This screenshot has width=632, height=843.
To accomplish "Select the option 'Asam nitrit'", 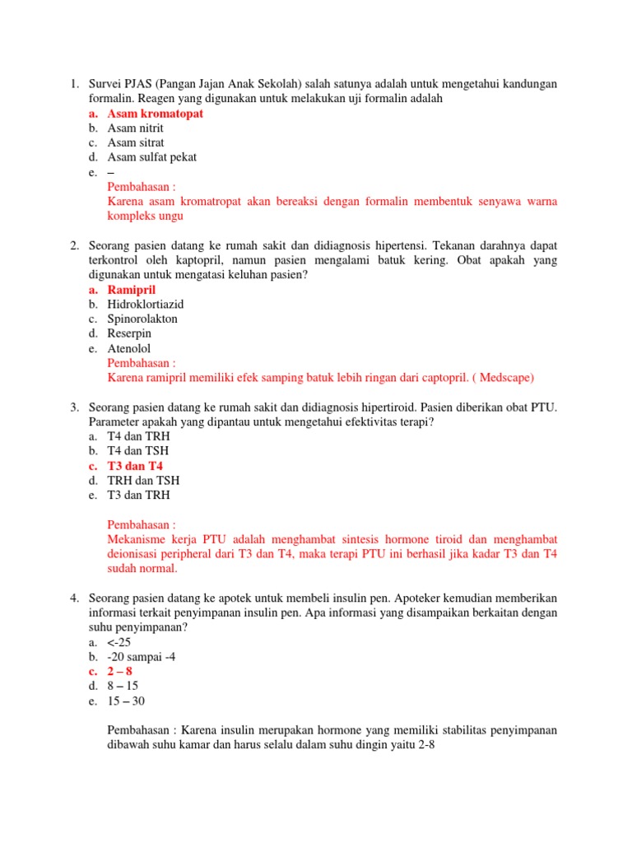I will (x=135, y=128).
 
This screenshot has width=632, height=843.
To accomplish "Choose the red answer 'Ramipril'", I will (x=131, y=290).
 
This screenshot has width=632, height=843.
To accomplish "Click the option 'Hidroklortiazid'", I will (x=146, y=305).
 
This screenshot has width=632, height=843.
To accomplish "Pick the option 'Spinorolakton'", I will (x=142, y=319).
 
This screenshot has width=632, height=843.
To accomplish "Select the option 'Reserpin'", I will (x=130, y=333).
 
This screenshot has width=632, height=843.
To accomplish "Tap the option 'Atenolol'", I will (x=130, y=348).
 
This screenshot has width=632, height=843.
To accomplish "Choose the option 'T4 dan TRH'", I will (x=136, y=436).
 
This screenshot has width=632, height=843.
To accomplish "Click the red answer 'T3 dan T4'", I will (x=135, y=466).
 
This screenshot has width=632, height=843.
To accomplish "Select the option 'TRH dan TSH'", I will (x=143, y=481).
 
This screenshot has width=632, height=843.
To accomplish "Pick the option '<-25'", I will (x=119, y=642).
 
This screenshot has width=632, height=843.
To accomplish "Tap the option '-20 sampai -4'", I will (x=141, y=657).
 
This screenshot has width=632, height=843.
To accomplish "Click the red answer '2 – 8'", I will (x=119, y=672).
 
